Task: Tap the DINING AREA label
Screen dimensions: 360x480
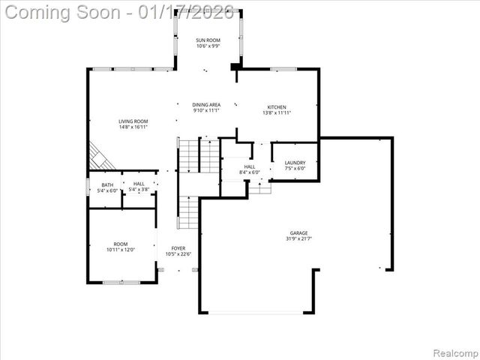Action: click(205, 106)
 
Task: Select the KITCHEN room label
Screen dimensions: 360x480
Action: click(277, 107)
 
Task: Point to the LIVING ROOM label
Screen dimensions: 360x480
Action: click(133, 121)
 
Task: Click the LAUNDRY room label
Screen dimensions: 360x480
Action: click(295, 163)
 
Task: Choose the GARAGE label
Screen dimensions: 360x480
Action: click(298, 233)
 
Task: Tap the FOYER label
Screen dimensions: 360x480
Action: click(178, 248)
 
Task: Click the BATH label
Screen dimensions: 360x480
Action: click(107, 184)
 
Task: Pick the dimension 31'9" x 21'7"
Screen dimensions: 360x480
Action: click(298, 239)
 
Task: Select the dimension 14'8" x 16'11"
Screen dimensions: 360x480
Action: click(133, 127)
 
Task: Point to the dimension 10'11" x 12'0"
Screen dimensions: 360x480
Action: click(121, 250)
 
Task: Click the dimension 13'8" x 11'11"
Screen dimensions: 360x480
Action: click(277, 113)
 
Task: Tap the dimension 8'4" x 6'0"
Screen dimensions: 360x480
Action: click(250, 172)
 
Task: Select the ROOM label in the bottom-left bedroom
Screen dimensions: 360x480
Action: click(121, 244)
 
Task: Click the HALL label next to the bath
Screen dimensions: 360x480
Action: click(139, 184)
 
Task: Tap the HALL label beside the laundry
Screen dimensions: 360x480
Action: click(250, 166)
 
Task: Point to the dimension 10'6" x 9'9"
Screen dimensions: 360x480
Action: click(208, 46)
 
